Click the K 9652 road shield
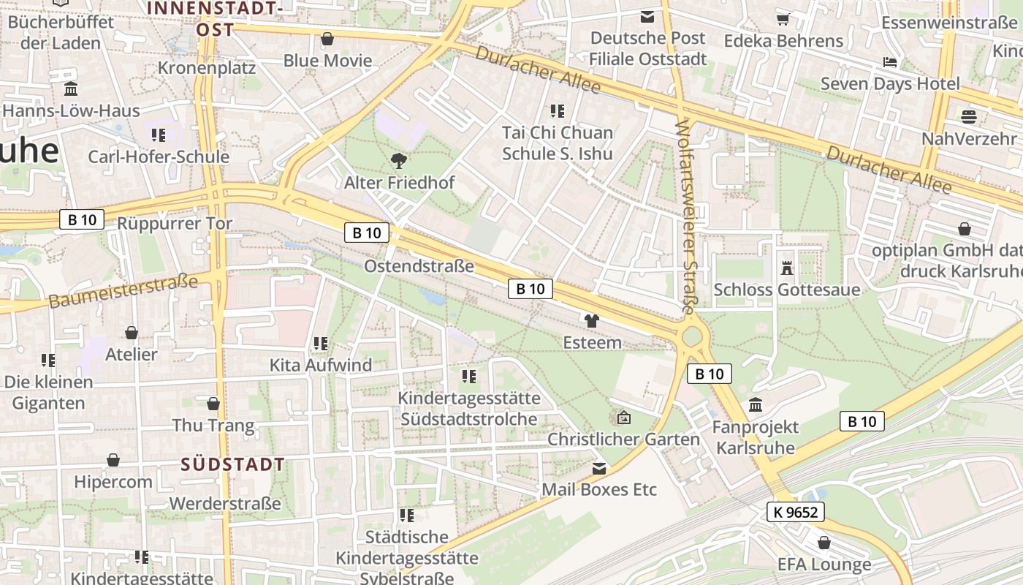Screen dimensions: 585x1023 pyautogui.click(x=796, y=512)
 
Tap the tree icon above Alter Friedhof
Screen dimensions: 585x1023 pyautogui.click(x=399, y=161)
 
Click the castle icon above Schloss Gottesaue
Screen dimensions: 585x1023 pyautogui.click(x=787, y=268)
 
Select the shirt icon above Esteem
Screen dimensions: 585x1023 pyautogui.click(x=592, y=320)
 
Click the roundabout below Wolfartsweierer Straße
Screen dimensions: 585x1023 pyautogui.click(x=691, y=337)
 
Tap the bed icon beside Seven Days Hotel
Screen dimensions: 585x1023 pyautogui.click(x=890, y=62)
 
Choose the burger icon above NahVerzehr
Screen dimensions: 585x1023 pyautogui.click(x=969, y=116)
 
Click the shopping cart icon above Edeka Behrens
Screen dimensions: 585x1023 pyautogui.click(x=783, y=19)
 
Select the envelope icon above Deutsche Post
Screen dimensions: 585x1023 pyautogui.click(x=647, y=16)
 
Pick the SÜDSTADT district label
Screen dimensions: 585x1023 pyautogui.click(x=232, y=464)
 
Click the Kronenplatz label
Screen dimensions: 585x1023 pyautogui.click(x=207, y=68)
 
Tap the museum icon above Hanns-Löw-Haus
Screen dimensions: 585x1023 pyautogui.click(x=71, y=89)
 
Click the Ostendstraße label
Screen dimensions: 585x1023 pyautogui.click(x=419, y=265)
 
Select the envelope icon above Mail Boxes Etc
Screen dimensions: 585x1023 pyautogui.click(x=599, y=468)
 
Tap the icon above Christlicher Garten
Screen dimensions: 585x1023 pyautogui.click(x=624, y=418)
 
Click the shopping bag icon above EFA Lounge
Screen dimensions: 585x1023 pyautogui.click(x=824, y=543)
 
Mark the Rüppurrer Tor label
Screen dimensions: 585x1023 pyautogui.click(x=175, y=223)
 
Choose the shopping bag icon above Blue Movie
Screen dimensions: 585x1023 pyautogui.click(x=327, y=39)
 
